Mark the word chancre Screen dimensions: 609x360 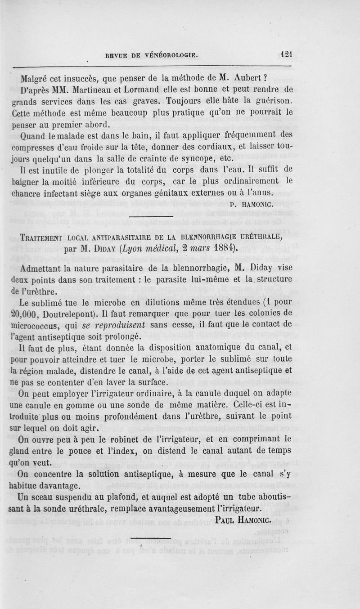pyautogui.click(x=27, y=193)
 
